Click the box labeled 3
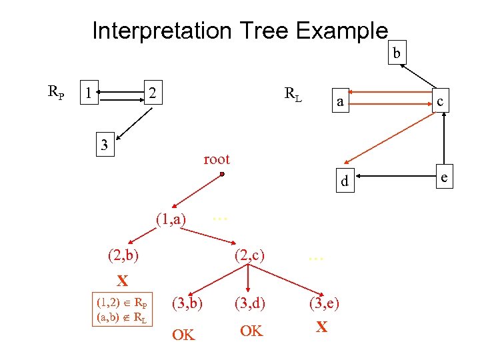(104, 144)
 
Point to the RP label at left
(56, 92)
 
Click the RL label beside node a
(293, 95)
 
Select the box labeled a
(340, 102)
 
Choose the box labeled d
(344, 181)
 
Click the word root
(216, 159)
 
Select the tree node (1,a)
(170, 219)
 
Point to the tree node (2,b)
(123, 254)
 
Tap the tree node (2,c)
(249, 254)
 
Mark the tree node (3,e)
(324, 304)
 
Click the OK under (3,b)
(183, 335)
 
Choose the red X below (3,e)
(321, 327)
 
